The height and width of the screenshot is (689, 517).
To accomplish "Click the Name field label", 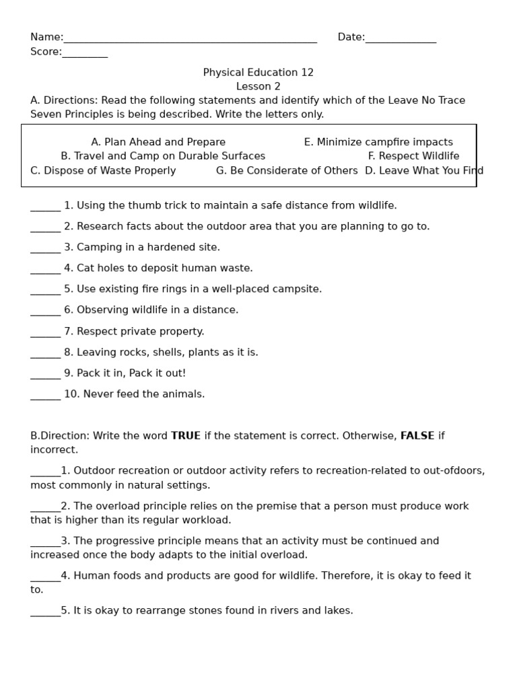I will click(x=46, y=37).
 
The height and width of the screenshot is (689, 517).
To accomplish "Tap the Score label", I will click(x=46, y=52).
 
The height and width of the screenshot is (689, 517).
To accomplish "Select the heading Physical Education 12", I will click(x=258, y=73).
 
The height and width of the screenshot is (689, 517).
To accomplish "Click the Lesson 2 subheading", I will click(x=258, y=87).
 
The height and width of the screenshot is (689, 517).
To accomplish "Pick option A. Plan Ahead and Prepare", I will click(x=158, y=142).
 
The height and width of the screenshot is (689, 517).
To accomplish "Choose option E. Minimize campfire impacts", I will click(x=378, y=142).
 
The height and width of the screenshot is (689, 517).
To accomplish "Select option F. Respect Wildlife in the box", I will click(x=413, y=156).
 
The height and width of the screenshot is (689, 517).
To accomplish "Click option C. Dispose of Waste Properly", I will click(x=103, y=171).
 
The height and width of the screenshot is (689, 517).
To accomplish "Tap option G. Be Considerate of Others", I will click(x=287, y=171).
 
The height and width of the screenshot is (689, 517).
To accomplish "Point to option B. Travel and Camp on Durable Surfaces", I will click(x=163, y=156).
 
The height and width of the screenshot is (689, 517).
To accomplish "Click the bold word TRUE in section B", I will click(x=186, y=436).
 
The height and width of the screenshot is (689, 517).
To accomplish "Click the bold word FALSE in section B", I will click(x=417, y=436).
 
